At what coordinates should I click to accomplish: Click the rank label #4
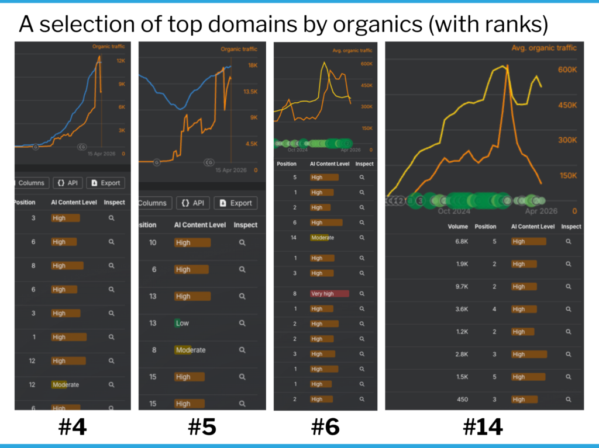[x=73, y=428]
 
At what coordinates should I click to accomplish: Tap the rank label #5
[x=202, y=428]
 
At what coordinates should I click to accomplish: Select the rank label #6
[x=325, y=428]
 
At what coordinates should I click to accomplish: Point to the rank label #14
[x=483, y=428]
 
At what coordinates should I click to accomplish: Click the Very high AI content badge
[x=329, y=294]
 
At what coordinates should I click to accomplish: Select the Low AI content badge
[x=183, y=323]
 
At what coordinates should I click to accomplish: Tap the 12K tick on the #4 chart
[x=121, y=61]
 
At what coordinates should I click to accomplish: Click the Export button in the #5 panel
[x=236, y=203]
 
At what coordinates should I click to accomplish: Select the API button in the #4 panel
[x=67, y=183]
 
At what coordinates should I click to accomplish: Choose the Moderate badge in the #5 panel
[x=190, y=350]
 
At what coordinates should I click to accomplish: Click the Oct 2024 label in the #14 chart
[x=453, y=211]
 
